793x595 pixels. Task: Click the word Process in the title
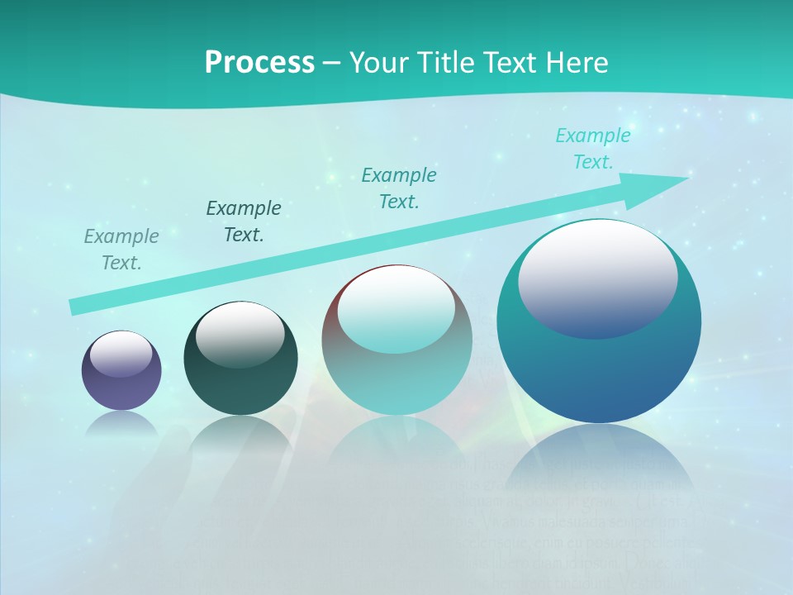259,63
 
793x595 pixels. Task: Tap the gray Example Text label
121,250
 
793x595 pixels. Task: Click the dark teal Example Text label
244,221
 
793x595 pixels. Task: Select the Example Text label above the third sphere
399,188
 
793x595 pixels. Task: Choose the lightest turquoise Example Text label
592,149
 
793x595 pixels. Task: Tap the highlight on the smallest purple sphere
121,355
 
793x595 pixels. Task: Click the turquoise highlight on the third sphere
396,311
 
